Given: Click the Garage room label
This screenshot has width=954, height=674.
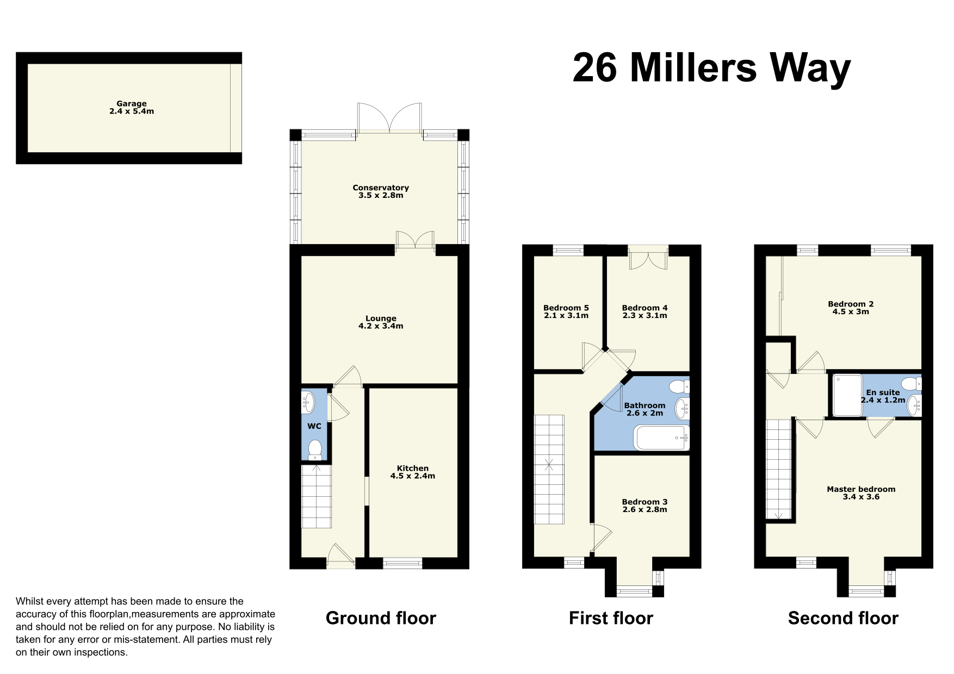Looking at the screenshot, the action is [x=132, y=104].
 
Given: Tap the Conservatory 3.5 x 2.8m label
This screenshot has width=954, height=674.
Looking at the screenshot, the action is [x=381, y=191].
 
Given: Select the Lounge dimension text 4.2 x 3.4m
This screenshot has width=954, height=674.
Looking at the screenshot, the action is [x=381, y=326].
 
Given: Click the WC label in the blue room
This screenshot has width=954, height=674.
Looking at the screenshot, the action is [x=314, y=426].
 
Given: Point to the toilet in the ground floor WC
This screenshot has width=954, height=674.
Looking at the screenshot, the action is [x=315, y=450].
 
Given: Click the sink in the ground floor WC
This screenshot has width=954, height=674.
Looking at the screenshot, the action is [x=308, y=403].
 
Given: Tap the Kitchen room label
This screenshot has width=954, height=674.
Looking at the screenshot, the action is [x=413, y=468].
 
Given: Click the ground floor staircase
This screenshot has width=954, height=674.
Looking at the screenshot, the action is [x=317, y=496].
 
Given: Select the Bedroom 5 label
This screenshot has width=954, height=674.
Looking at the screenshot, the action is [x=566, y=308].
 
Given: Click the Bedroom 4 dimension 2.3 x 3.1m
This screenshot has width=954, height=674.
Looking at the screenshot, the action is [x=645, y=315].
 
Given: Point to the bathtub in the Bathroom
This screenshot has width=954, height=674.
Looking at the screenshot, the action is [x=661, y=438].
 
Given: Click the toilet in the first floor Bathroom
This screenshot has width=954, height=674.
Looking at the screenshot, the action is [x=679, y=387].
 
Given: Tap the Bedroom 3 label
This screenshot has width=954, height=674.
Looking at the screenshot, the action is [x=645, y=502].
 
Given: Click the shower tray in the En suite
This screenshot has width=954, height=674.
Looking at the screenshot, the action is [x=848, y=395].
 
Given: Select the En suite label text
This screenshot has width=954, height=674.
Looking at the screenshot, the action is [x=883, y=392].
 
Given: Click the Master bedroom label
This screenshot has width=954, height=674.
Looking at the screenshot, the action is [x=861, y=489].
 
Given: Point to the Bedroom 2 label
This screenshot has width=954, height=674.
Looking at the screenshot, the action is [x=851, y=304].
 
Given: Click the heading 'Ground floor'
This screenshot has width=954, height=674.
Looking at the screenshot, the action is [x=381, y=618].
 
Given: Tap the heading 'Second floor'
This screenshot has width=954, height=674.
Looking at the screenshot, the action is [x=843, y=618].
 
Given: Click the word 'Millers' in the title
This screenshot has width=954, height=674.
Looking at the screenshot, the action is [x=693, y=68].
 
